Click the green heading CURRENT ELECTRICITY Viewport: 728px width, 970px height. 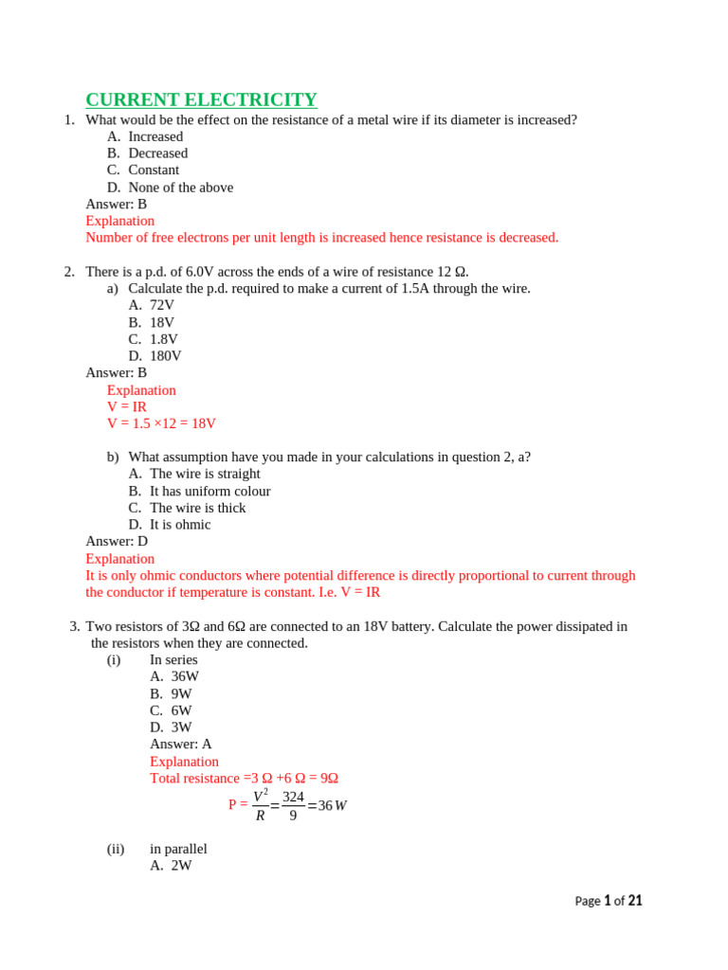[x=201, y=99]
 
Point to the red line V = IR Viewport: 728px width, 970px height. [x=127, y=406]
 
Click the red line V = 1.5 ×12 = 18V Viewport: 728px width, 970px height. [x=161, y=423]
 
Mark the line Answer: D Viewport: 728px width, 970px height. [x=117, y=542]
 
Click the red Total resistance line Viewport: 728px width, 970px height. [x=244, y=779]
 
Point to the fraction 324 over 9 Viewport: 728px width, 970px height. [x=293, y=805]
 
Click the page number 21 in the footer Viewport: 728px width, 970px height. [x=635, y=901]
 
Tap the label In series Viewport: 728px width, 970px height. [x=173, y=659]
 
